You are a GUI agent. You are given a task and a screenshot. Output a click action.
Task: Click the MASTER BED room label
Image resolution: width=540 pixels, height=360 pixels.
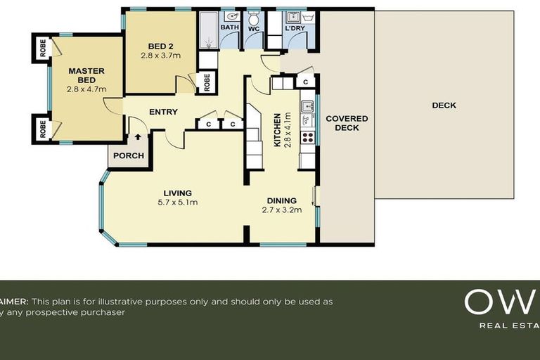point(86,75)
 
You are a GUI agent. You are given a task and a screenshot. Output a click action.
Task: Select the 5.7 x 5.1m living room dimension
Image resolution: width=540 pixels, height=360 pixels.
point(177,202)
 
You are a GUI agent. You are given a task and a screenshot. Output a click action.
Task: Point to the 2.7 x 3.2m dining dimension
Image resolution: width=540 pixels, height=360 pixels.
point(281,210)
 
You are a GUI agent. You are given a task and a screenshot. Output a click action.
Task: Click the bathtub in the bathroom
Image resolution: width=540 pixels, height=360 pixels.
point(207,32)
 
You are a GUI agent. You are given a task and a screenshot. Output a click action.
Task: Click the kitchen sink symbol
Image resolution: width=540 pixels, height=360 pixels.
point(307,108)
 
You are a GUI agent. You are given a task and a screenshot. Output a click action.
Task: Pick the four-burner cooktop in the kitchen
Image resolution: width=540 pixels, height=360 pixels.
point(307,136)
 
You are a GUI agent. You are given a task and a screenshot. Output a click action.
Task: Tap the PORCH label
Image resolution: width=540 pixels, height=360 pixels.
point(129,156)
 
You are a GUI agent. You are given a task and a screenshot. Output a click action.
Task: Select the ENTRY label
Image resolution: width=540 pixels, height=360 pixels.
point(163,112)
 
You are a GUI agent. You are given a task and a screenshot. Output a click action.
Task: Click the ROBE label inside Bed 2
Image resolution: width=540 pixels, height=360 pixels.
point(207,82)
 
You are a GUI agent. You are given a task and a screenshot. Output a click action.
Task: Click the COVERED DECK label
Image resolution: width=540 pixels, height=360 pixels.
point(347,123)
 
